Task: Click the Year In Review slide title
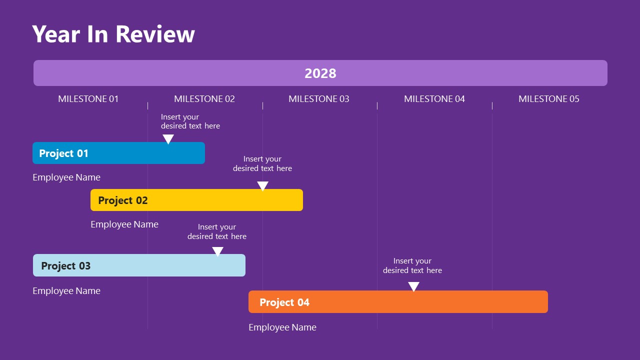(x=113, y=34)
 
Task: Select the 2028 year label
(x=320, y=73)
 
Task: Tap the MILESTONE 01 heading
(x=88, y=99)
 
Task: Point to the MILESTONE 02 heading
(x=204, y=99)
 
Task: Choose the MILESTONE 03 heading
(x=319, y=99)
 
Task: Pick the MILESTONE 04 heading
(x=434, y=99)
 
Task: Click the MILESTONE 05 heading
(x=549, y=99)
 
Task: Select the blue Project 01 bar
(x=118, y=153)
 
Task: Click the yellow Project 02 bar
(x=196, y=200)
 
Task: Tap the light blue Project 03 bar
(x=139, y=265)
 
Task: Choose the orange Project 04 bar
(x=398, y=302)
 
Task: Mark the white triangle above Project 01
(x=168, y=139)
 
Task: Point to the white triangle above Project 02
(x=262, y=186)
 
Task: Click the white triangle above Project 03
(x=217, y=251)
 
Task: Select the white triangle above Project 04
(x=413, y=286)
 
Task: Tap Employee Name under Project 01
(x=66, y=177)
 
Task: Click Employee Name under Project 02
(x=124, y=224)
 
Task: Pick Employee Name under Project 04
(x=282, y=327)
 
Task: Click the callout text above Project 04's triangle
(x=412, y=265)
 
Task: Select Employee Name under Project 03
(x=66, y=291)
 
